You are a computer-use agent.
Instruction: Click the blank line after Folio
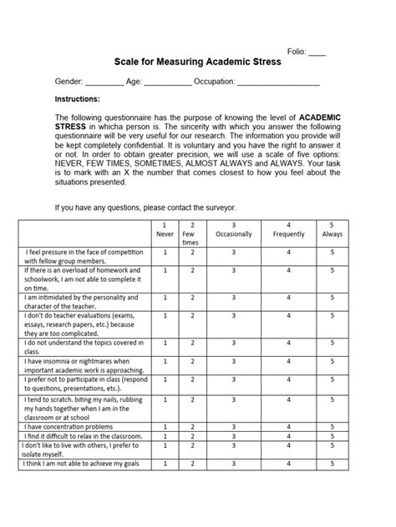point(317,53)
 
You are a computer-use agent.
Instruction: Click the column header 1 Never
point(165,230)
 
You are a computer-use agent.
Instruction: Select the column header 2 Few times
point(192,233)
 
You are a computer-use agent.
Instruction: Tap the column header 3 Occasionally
point(233,230)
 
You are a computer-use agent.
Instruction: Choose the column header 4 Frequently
point(288,230)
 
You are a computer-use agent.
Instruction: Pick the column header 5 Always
point(331,230)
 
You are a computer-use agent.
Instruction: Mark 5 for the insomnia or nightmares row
point(331,361)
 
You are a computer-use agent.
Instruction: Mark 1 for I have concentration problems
point(165,426)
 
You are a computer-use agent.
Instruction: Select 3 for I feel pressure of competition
point(233,251)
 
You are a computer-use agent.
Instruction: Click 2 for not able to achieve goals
point(192,464)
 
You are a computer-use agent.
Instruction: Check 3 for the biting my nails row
point(233,399)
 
